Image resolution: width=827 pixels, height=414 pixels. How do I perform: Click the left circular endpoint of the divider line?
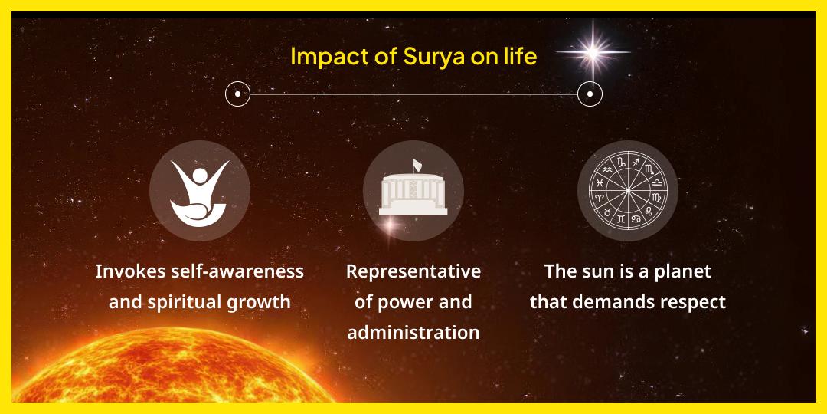pos(238,94)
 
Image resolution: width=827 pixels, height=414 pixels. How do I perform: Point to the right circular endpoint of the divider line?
pos(590,94)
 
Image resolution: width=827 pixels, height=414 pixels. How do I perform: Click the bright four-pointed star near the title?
pos(590,52)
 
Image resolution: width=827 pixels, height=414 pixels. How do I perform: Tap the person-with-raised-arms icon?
pos(199,191)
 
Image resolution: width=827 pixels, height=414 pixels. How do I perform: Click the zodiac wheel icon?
pos(627,191)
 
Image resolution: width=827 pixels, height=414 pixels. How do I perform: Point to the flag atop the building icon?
pos(417,164)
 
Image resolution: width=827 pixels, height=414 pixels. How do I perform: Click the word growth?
pos(261,302)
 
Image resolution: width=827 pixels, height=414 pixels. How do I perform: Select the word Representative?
pos(413,271)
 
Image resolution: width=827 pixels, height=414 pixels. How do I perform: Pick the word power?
pos(406,302)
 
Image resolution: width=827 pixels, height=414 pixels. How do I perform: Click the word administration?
pos(413,333)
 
